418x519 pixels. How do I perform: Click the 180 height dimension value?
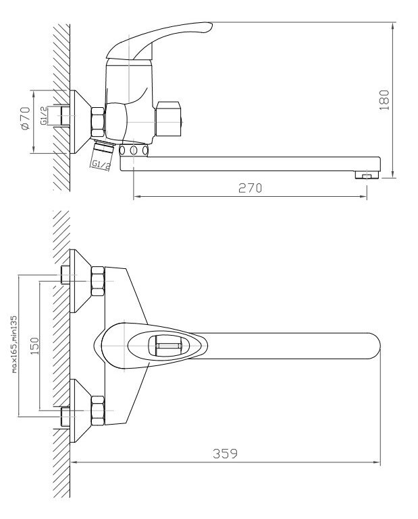pos(384,100)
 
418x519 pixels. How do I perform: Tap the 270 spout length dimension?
pos(250,188)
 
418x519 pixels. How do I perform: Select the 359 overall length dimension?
pos(225,453)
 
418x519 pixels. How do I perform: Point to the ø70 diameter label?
pos(25,118)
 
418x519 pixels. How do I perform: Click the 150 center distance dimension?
pos(34,346)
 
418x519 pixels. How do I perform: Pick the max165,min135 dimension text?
pos(14,344)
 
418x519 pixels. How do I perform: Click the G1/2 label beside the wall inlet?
pos(43,116)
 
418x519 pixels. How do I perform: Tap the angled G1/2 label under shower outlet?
pos(101,164)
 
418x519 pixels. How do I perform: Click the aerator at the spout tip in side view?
pos(366,175)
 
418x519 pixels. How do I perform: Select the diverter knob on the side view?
pos(169,119)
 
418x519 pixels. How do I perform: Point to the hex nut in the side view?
pos(98,123)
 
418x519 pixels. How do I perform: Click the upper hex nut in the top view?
pos(98,281)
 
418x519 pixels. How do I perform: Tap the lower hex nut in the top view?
pos(98,410)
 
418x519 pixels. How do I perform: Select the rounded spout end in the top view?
pos(374,346)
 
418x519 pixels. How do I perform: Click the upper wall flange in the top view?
pos(80,281)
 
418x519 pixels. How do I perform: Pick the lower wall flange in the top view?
pos(80,410)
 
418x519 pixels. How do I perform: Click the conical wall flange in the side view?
pos(80,122)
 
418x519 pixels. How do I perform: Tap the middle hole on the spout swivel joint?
pos(134,150)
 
